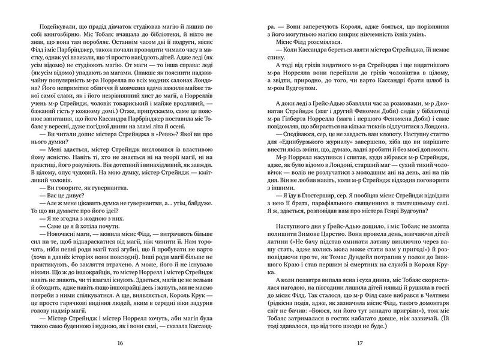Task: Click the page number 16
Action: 121,343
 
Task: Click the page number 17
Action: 360,343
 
